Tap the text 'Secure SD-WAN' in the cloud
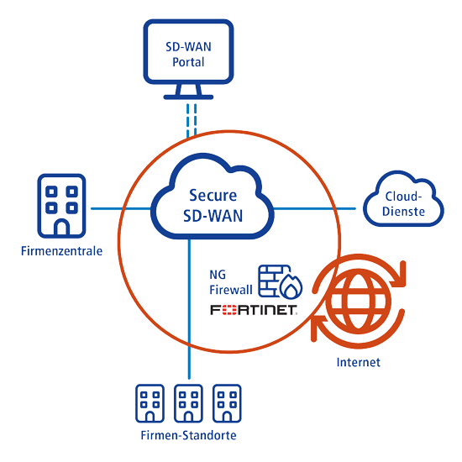click(213, 204)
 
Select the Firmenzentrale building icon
click(61, 205)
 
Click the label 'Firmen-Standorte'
click(188, 435)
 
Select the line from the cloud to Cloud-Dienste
click(319, 207)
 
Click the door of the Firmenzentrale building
click(61, 224)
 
